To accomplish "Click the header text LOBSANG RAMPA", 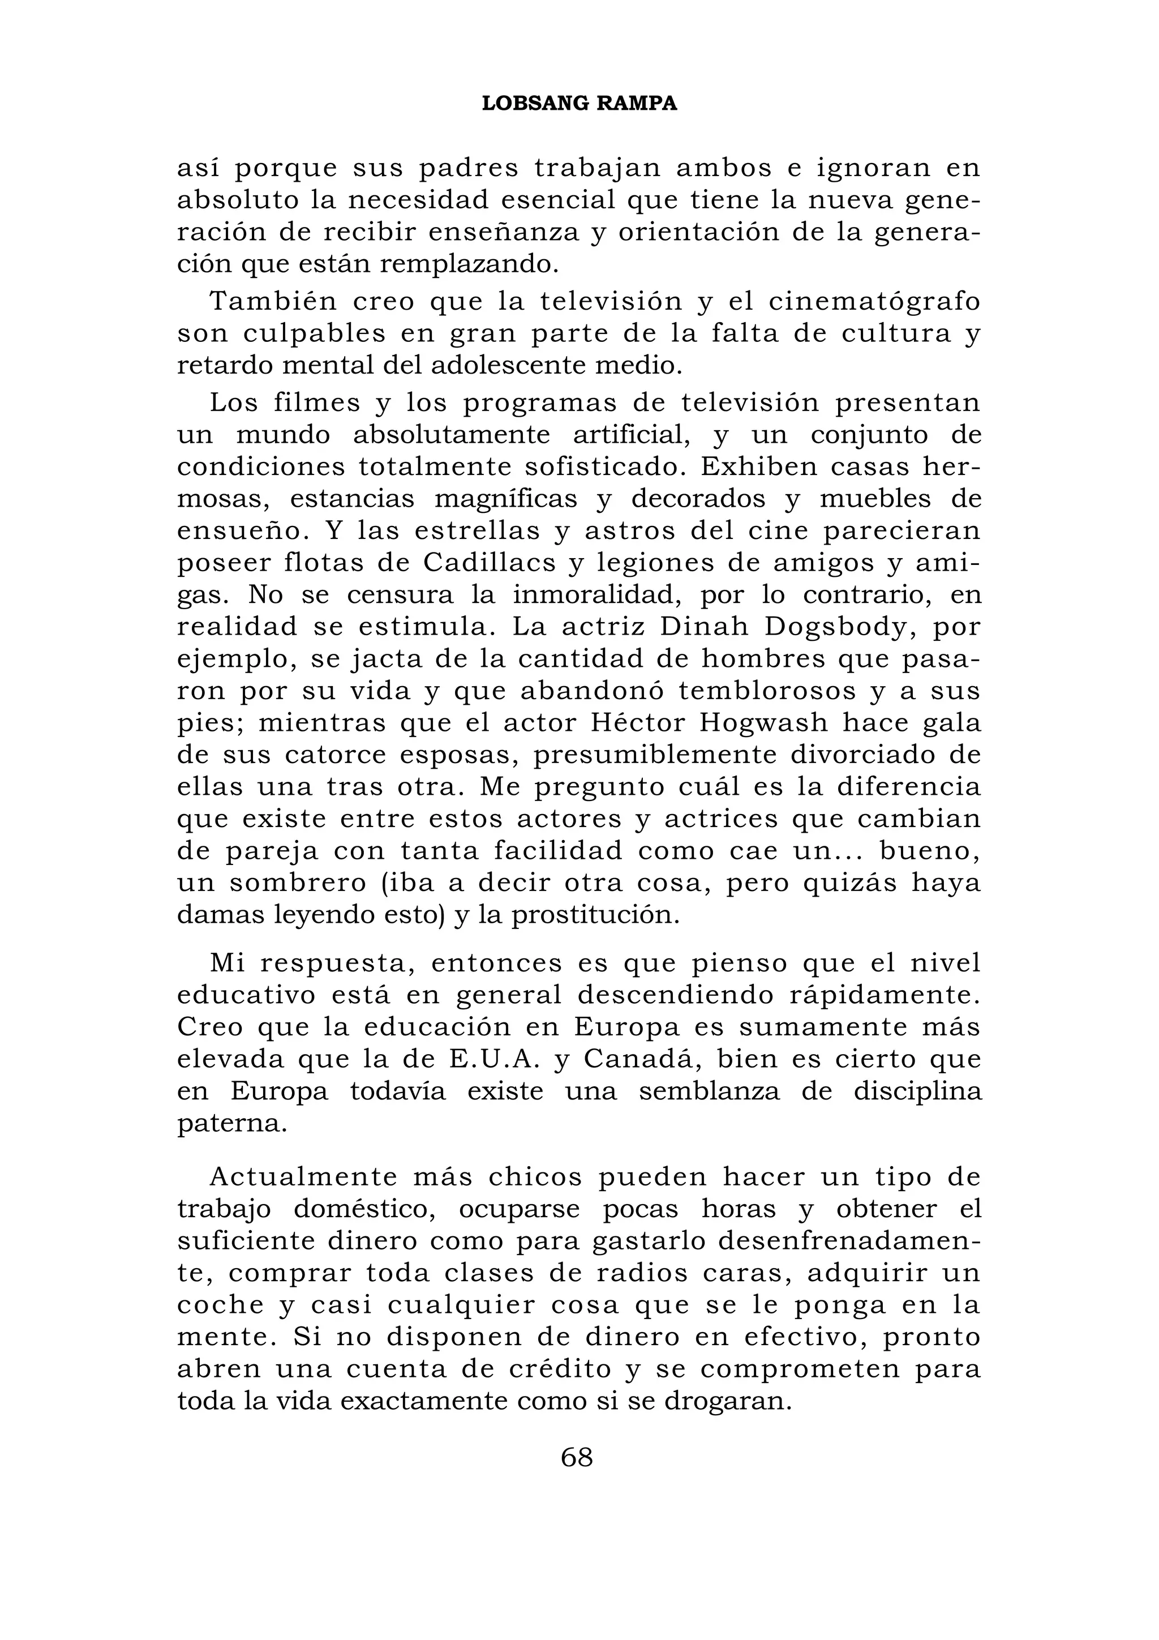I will click(579, 104).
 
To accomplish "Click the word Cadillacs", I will click(490, 564).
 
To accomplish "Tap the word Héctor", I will click(636, 723).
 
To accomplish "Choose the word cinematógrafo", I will click(875, 301).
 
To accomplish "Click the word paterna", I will click(231, 1124).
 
